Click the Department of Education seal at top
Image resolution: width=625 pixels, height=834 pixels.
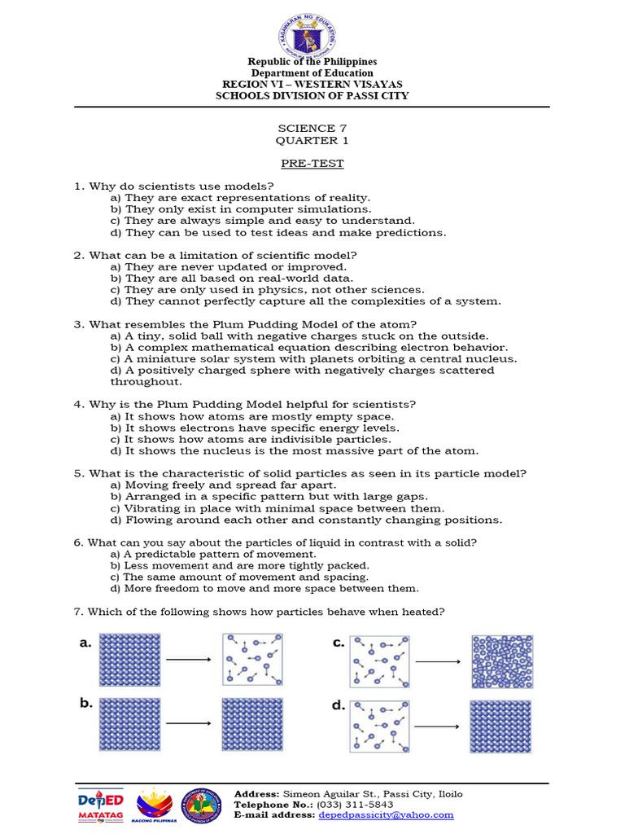(312, 33)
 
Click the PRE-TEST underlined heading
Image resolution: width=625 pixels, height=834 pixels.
(312, 164)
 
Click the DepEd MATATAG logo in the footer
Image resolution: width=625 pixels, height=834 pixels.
(100, 805)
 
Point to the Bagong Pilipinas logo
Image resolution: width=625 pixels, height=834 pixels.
(153, 805)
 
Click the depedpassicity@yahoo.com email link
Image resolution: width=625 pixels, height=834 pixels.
(385, 814)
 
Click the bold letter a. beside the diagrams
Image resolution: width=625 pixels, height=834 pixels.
(85, 643)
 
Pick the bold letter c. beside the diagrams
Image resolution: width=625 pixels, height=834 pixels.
(339, 643)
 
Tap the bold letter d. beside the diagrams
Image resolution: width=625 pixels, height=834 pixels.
(339, 705)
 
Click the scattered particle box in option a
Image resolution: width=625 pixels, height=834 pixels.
(250, 659)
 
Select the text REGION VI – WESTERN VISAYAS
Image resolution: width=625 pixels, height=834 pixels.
(312, 85)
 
